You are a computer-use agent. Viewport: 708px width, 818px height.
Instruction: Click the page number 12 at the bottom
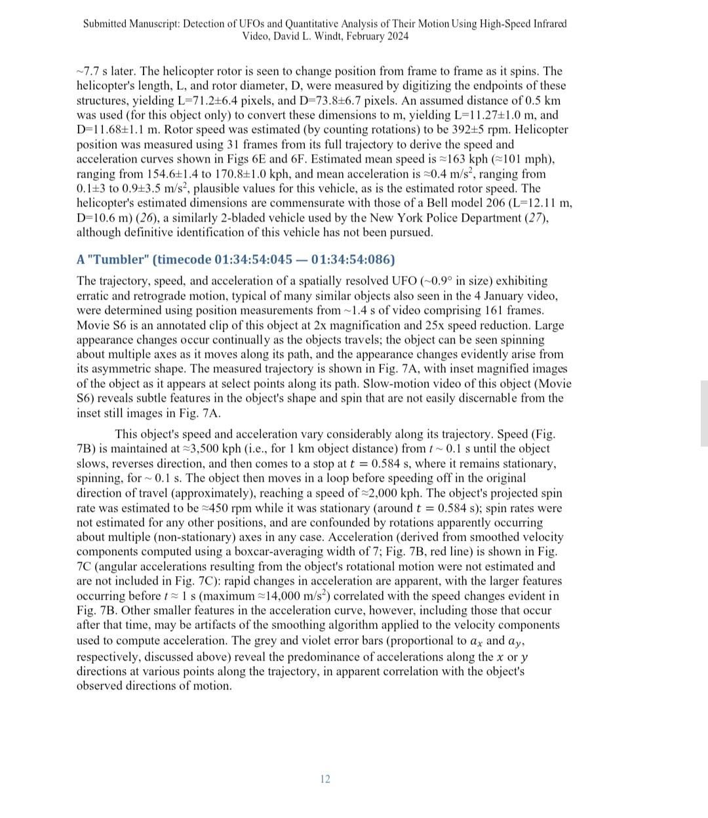[x=325, y=779]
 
